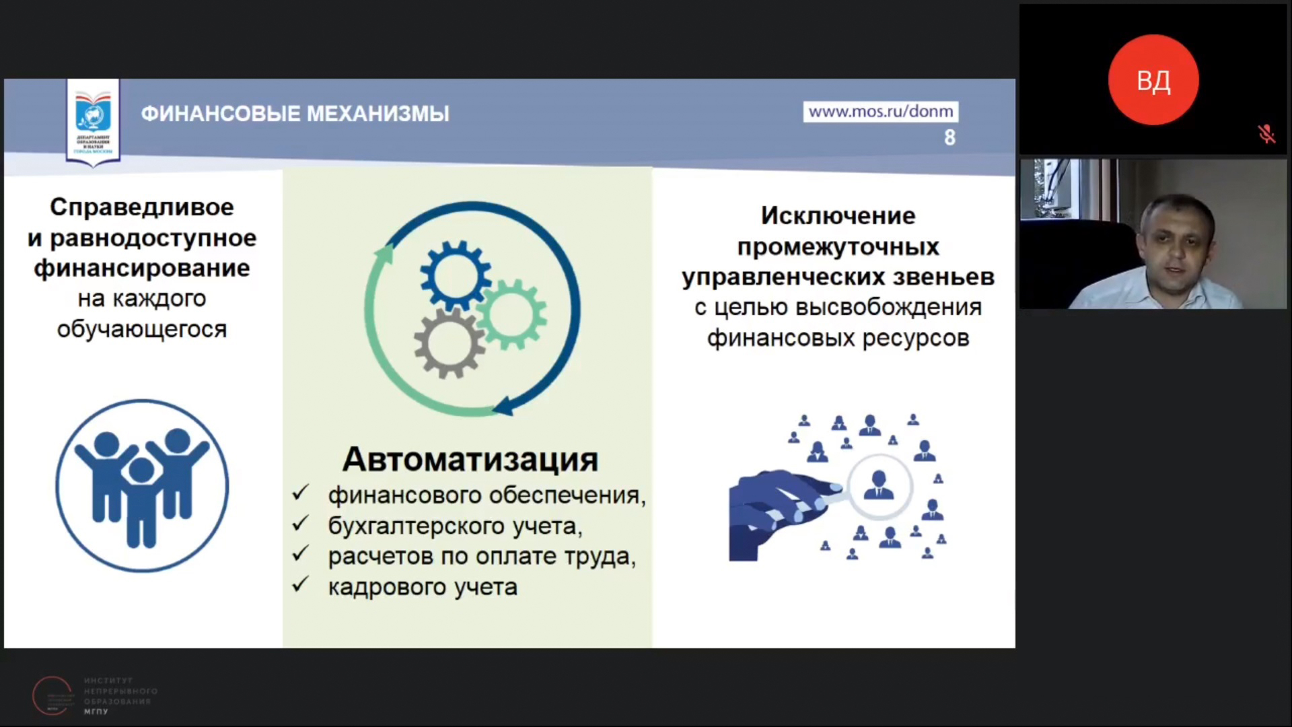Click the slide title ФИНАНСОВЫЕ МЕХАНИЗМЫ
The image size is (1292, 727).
[x=295, y=114]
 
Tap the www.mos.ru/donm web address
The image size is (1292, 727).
[x=880, y=111]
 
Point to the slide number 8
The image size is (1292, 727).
[x=949, y=137]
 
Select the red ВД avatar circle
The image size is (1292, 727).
[x=1153, y=80]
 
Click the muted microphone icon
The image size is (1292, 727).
[x=1266, y=134]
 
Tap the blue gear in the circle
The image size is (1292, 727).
[x=454, y=275]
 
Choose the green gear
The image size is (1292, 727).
[x=511, y=314]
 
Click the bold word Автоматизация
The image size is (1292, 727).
[x=470, y=460]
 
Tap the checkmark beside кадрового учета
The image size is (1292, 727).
[x=300, y=585]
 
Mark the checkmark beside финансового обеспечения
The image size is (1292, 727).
[x=300, y=493]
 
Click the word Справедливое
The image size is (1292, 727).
[x=142, y=207]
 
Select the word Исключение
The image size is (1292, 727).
[x=838, y=215]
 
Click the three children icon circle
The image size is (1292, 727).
[x=142, y=485]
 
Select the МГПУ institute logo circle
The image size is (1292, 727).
[x=52, y=695]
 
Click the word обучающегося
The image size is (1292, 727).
[x=142, y=329]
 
